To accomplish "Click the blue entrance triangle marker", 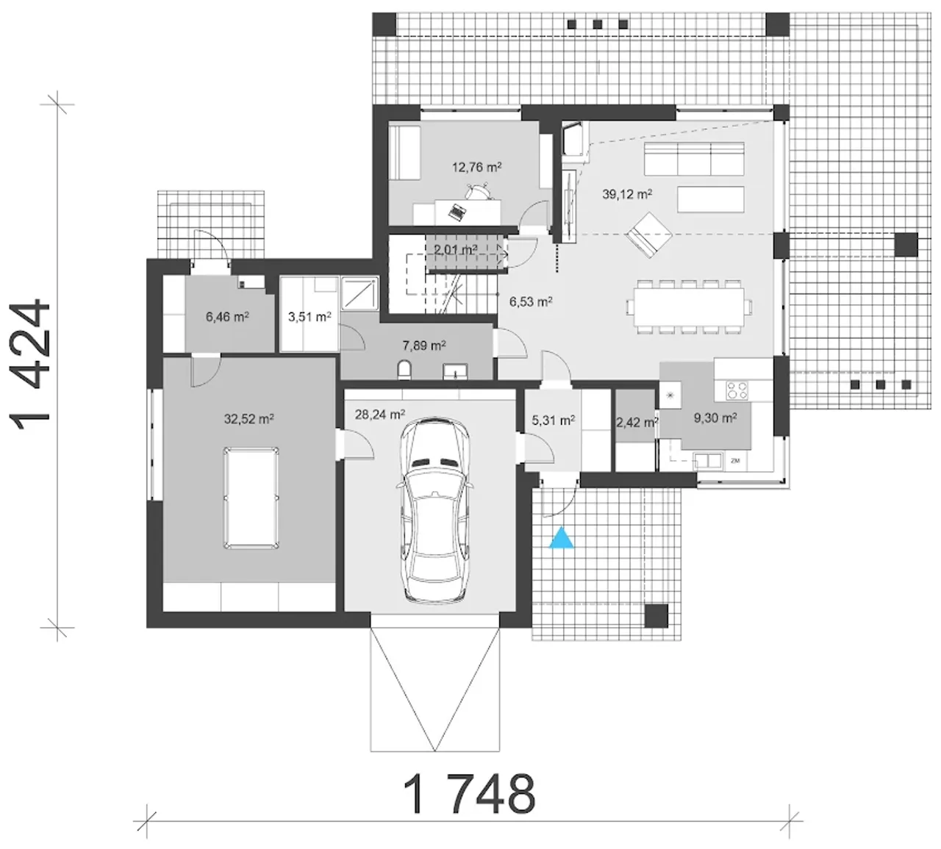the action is coord(562,537).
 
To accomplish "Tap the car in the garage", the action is coord(434,509).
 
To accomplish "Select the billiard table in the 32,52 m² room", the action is coord(251,498).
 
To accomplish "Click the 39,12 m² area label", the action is coord(626,194).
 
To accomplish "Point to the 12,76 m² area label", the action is coord(476,167).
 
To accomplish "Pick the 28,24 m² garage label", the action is coord(380,414).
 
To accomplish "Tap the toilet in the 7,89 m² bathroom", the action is coord(404,370).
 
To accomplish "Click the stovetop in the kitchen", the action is coord(737,391).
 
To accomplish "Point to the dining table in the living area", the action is coord(689,307).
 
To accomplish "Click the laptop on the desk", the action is coord(456,212).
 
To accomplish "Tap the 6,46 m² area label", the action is coord(227,317).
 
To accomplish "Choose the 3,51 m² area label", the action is coord(310,317).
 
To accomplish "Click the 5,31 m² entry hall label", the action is coord(553,420).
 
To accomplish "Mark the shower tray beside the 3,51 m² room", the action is coord(359,293).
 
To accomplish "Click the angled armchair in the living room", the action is coord(648,234).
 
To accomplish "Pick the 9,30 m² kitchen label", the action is coord(715,418).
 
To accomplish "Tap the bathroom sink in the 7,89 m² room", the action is coord(455,371).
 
